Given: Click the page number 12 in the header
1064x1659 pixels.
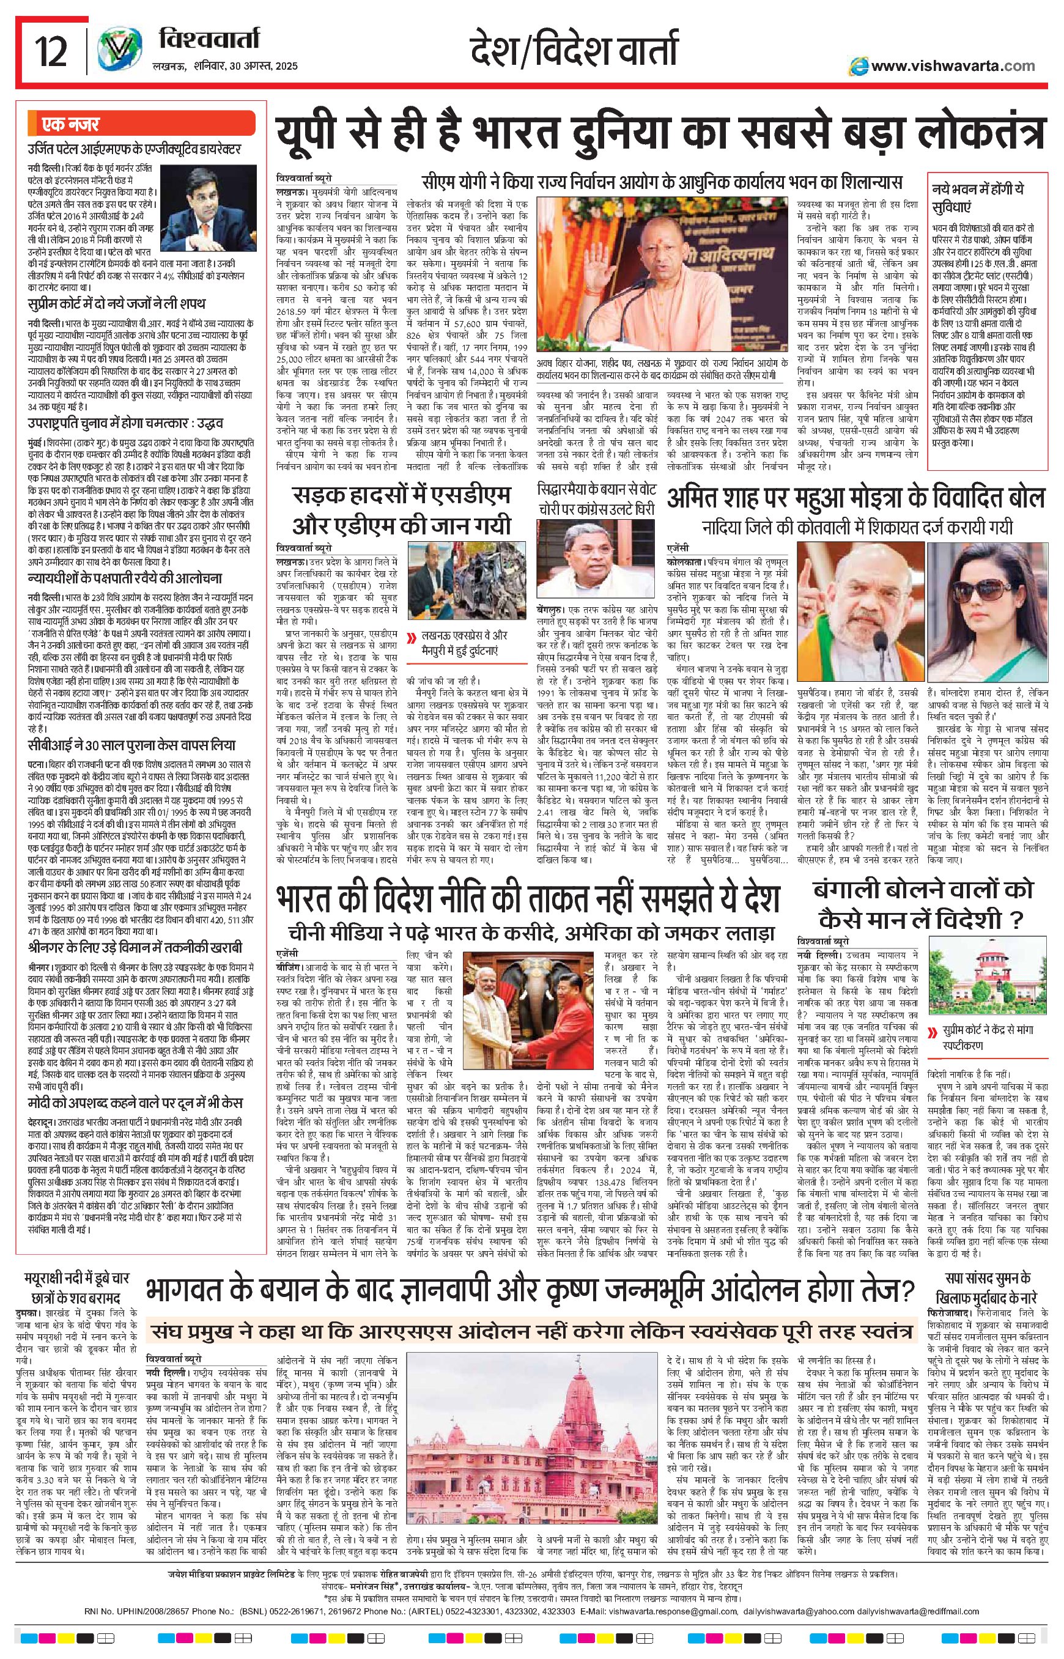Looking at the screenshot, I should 51,53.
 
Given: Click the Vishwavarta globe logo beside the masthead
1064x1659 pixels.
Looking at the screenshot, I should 116,52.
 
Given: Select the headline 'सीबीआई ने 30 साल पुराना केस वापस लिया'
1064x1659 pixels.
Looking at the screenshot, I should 132,746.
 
